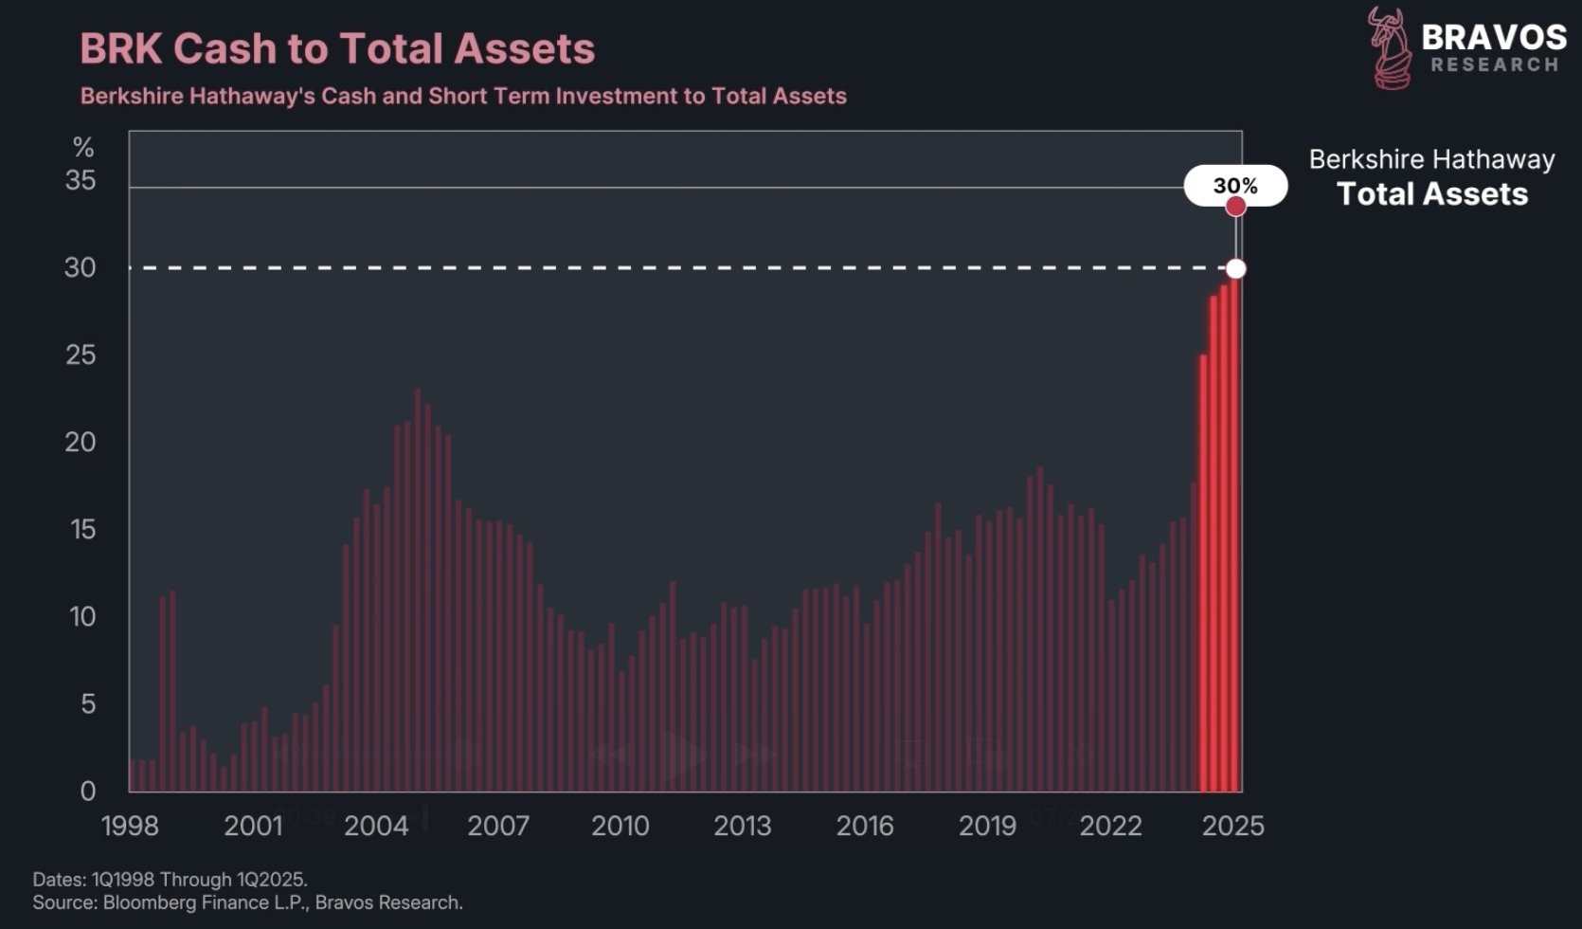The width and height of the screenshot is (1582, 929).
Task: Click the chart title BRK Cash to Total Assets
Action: [x=337, y=49]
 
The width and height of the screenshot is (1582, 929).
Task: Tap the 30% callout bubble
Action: [x=1235, y=185]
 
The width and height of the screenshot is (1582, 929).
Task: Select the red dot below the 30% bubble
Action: [x=1235, y=207]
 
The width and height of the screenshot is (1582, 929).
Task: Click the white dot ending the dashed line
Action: [x=1235, y=269]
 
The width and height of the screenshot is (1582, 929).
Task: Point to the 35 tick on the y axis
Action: [x=81, y=180]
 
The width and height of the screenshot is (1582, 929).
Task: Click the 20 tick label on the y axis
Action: [x=81, y=442]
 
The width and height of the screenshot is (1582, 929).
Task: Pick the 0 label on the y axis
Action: [x=88, y=791]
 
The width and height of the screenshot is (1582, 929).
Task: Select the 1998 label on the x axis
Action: [x=130, y=826]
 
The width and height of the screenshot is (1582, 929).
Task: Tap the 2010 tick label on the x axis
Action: [x=620, y=826]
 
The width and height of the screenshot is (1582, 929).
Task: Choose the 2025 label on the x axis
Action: [x=1232, y=826]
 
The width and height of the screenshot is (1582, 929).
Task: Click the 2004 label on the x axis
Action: [x=376, y=826]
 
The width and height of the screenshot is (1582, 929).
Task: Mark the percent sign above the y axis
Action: [x=83, y=148]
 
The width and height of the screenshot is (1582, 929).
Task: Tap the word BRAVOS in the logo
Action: [x=1494, y=38]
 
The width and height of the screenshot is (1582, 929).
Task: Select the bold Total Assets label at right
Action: [x=1432, y=194]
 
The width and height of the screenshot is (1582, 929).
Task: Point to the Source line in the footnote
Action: [x=248, y=902]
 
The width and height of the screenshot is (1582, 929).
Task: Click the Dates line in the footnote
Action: [x=171, y=879]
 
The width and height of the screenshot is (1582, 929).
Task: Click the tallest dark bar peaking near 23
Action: [x=418, y=588]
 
